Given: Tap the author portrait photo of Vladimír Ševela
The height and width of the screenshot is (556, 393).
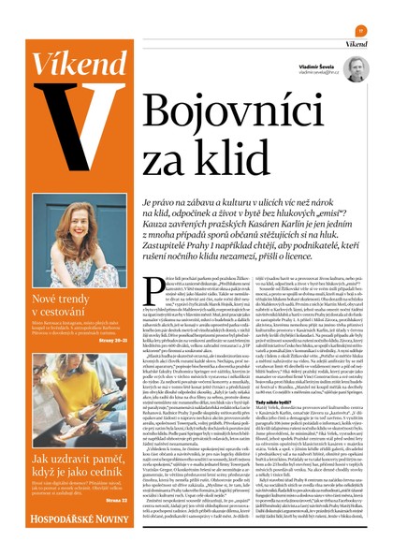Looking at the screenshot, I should point(356,68).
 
